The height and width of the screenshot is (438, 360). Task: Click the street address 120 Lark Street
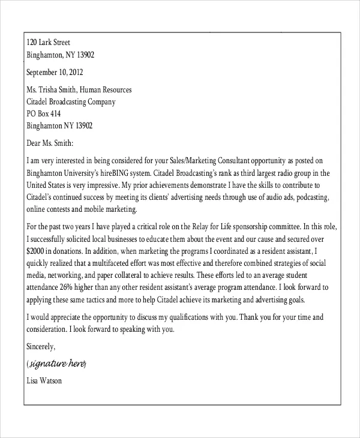(x=49, y=43)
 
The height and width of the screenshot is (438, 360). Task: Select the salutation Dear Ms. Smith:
(x=50, y=143)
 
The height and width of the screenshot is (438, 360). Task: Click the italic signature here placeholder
(x=57, y=364)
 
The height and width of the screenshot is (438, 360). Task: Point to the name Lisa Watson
(x=45, y=380)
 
